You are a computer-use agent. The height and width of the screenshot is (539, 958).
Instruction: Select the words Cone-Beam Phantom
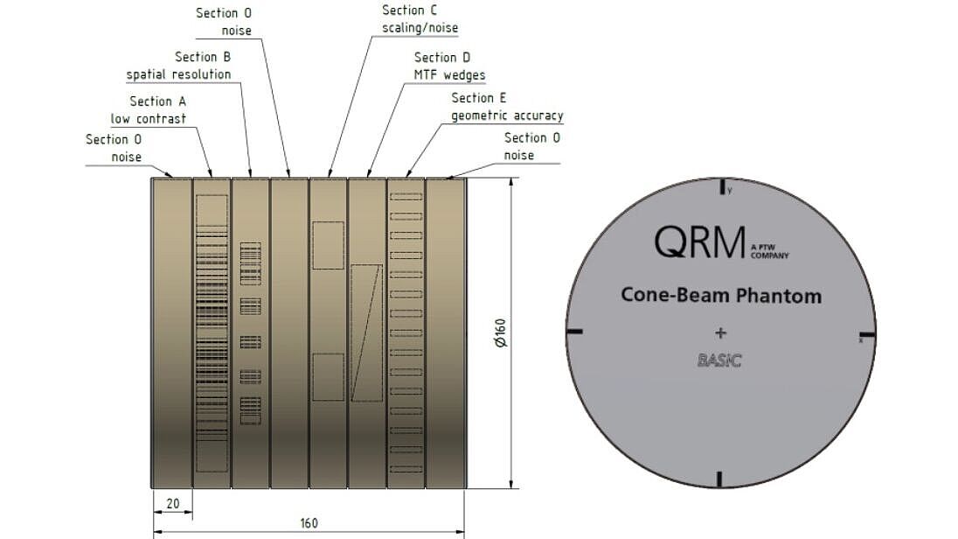tap(721, 295)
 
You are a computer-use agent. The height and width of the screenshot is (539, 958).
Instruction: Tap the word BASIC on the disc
tap(719, 360)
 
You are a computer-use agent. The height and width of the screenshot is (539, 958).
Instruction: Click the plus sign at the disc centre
tap(720, 332)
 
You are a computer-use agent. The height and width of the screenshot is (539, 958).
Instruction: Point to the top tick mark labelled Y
tap(722, 187)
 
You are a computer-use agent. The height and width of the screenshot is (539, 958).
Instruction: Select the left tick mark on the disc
tap(574, 332)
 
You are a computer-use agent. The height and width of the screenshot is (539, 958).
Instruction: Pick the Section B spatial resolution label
tap(179, 66)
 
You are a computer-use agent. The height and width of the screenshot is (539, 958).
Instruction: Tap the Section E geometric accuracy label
tap(507, 107)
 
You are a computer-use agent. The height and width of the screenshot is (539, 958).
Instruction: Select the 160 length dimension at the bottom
tap(308, 523)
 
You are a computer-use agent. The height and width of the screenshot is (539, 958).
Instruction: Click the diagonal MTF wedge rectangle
tap(366, 332)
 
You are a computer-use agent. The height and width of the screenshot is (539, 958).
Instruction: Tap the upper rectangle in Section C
tap(328, 245)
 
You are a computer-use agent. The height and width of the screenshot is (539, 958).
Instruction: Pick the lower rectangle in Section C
tap(328, 377)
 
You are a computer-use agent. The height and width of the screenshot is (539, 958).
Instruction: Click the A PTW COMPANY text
tap(768, 253)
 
